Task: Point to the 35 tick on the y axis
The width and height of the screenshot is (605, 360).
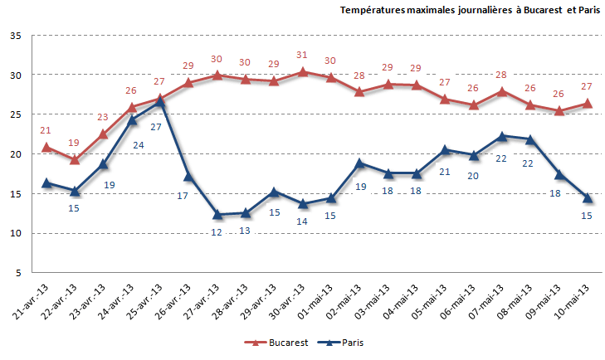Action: coord(16,36)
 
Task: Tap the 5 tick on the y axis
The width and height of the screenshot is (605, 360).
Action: coord(18,273)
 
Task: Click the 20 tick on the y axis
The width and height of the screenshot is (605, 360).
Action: coord(16,154)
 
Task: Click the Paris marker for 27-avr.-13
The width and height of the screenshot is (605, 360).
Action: coord(217,215)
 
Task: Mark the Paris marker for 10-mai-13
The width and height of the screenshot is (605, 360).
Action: coord(588,197)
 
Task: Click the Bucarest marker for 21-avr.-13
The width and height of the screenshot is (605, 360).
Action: coord(46,147)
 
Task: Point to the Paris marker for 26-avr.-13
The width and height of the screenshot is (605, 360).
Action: coord(188,176)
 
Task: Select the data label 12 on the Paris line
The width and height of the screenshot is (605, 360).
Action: coord(216,232)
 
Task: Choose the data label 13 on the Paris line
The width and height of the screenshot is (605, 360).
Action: coord(245,231)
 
